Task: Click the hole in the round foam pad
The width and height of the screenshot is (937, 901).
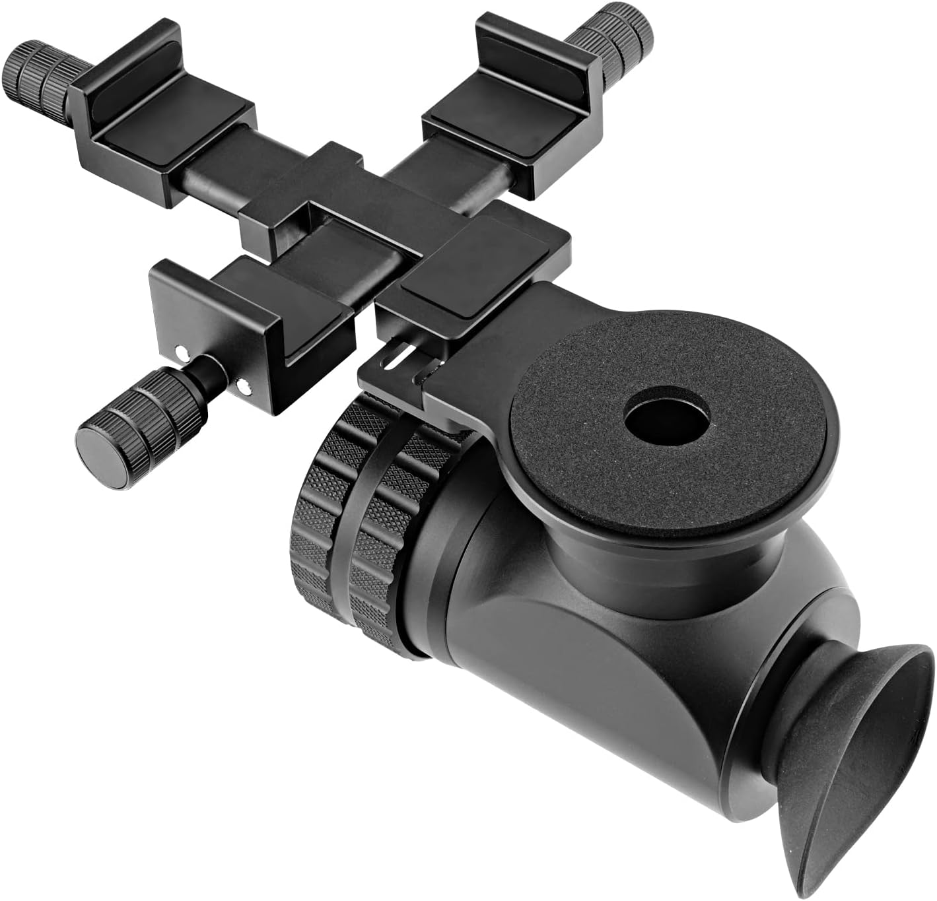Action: (x=667, y=420)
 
